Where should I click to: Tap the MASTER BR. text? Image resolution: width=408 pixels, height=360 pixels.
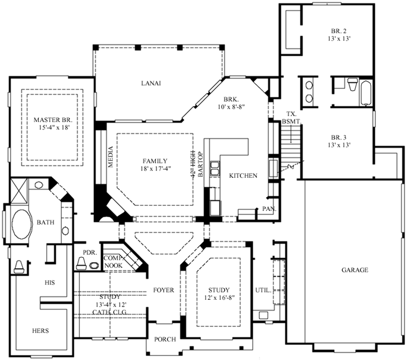[53, 120]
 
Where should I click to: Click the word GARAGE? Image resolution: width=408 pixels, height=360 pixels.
[355, 270]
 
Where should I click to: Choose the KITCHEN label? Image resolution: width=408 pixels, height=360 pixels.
[243, 176]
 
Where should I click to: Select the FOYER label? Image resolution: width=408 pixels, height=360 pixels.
[163, 290]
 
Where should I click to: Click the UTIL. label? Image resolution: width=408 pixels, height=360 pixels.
[263, 291]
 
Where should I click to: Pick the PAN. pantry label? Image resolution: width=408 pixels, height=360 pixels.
[267, 209]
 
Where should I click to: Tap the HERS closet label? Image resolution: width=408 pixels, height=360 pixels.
[41, 331]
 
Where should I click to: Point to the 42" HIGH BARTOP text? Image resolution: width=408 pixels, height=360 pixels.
[195, 165]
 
